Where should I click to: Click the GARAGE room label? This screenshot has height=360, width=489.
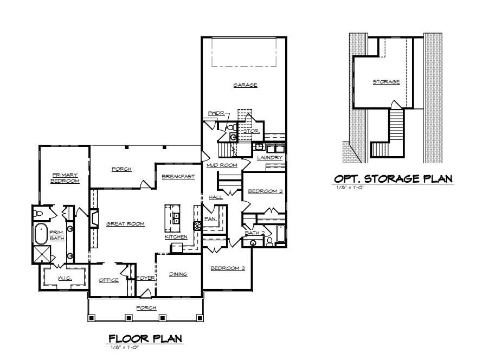(245, 85)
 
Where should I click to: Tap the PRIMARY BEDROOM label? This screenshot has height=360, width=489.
(65, 178)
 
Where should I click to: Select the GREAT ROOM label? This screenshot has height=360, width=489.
(125, 223)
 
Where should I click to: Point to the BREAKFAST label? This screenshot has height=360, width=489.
(178, 177)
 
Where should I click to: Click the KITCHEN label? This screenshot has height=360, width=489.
(176, 237)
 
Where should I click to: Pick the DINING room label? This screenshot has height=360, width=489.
(178, 274)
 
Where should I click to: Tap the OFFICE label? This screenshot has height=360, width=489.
(108, 280)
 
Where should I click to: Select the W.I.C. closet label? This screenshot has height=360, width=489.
(65, 278)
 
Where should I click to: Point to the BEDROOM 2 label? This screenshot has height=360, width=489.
(265, 191)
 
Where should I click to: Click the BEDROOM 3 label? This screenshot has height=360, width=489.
(228, 268)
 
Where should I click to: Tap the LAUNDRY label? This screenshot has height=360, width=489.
(269, 158)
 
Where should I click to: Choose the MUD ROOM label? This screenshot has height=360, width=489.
(221, 165)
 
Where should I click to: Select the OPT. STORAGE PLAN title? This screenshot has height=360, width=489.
(393, 179)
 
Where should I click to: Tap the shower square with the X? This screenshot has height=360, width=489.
(42, 254)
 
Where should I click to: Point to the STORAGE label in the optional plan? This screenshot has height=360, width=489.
(386, 82)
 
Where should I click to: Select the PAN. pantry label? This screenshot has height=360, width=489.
(210, 218)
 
